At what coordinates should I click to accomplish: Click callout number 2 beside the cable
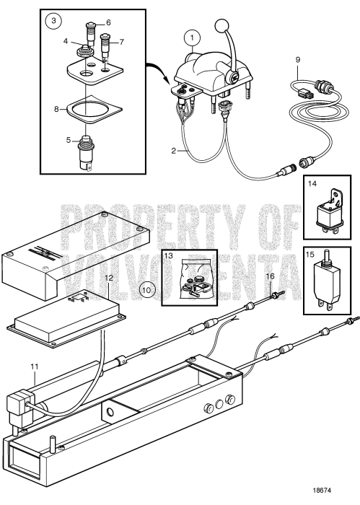pyautogui.click(x=175, y=151)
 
